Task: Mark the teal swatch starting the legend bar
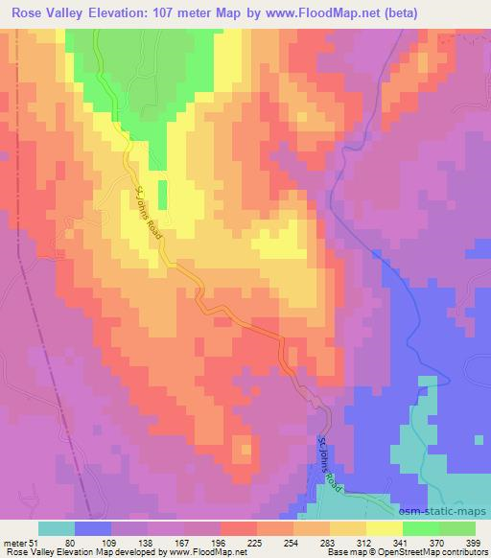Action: (57, 529)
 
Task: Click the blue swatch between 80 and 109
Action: (94, 529)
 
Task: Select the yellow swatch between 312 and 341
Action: (383, 529)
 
